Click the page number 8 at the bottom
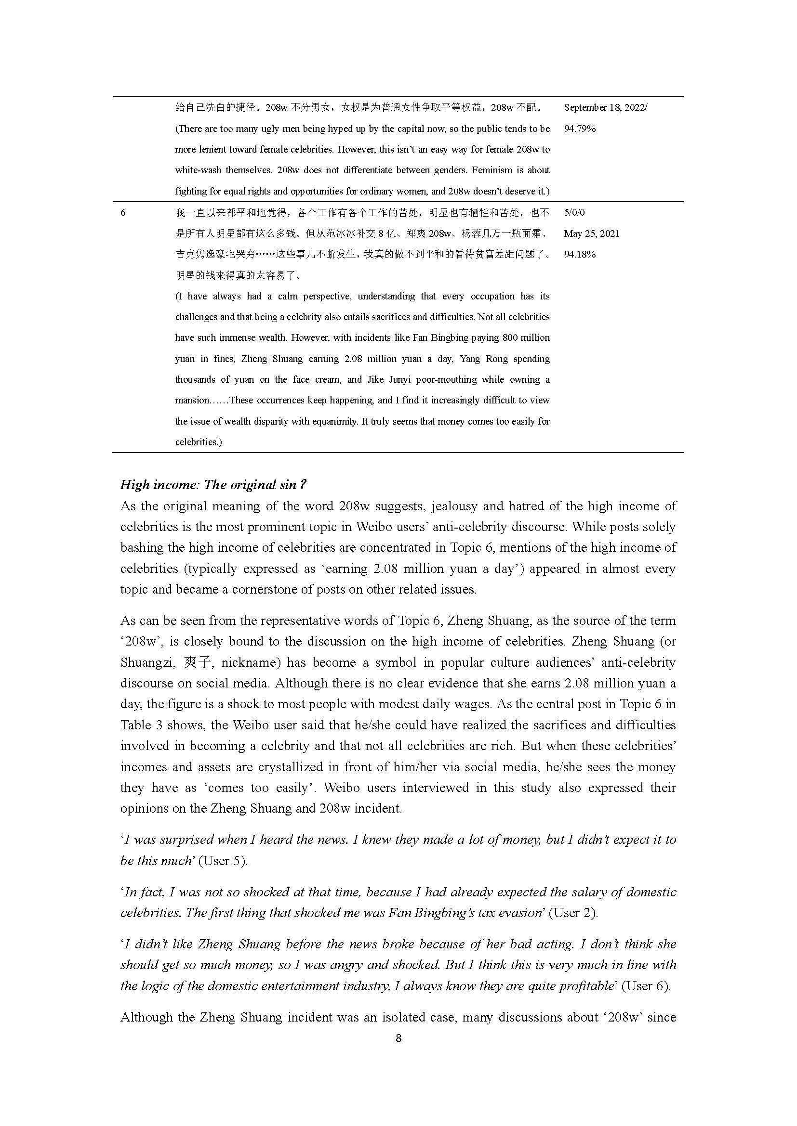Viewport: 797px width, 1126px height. pyautogui.click(x=398, y=1038)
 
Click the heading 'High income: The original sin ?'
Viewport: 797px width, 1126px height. pyautogui.click(x=213, y=485)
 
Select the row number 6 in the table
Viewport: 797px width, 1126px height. pyautogui.click(x=123, y=213)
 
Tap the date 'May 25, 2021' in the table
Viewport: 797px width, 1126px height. pyautogui.click(x=591, y=233)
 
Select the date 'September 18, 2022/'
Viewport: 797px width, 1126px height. pyautogui.click(x=605, y=107)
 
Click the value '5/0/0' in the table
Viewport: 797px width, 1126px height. pyautogui.click(x=574, y=213)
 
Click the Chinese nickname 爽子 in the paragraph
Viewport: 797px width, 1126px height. pyautogui.click(x=198, y=662)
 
